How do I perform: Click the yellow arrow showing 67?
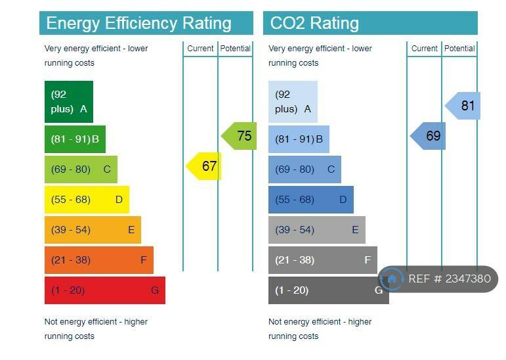[205, 166]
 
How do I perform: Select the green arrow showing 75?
[240, 136]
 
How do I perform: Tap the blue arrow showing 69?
[429, 136]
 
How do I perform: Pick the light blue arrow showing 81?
[464, 106]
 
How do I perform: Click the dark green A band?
[69, 102]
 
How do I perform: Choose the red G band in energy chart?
[105, 290]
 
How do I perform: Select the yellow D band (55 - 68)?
[87, 200]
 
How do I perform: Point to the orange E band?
[93, 230]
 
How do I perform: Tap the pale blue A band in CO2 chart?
[293, 102]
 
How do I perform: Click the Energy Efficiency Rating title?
[139, 24]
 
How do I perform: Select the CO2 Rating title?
[314, 24]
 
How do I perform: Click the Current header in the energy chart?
[200, 49]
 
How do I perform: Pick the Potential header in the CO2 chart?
[459, 49]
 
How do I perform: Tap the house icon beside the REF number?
[392, 279]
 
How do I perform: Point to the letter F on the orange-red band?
[144, 260]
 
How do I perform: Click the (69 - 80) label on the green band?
[71, 169]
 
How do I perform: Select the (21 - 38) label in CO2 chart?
[295, 260]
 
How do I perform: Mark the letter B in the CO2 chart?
[320, 139]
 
